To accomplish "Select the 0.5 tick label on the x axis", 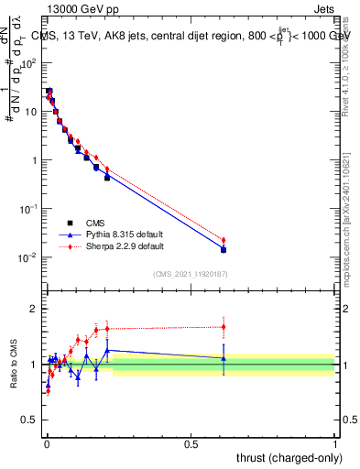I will [191, 442].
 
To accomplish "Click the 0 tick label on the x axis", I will [46, 442].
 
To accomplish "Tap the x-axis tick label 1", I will [335, 442].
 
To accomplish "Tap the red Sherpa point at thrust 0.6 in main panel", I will [224, 240].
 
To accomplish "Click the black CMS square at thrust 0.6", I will [224, 249].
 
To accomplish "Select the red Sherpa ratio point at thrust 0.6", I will [224, 326].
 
